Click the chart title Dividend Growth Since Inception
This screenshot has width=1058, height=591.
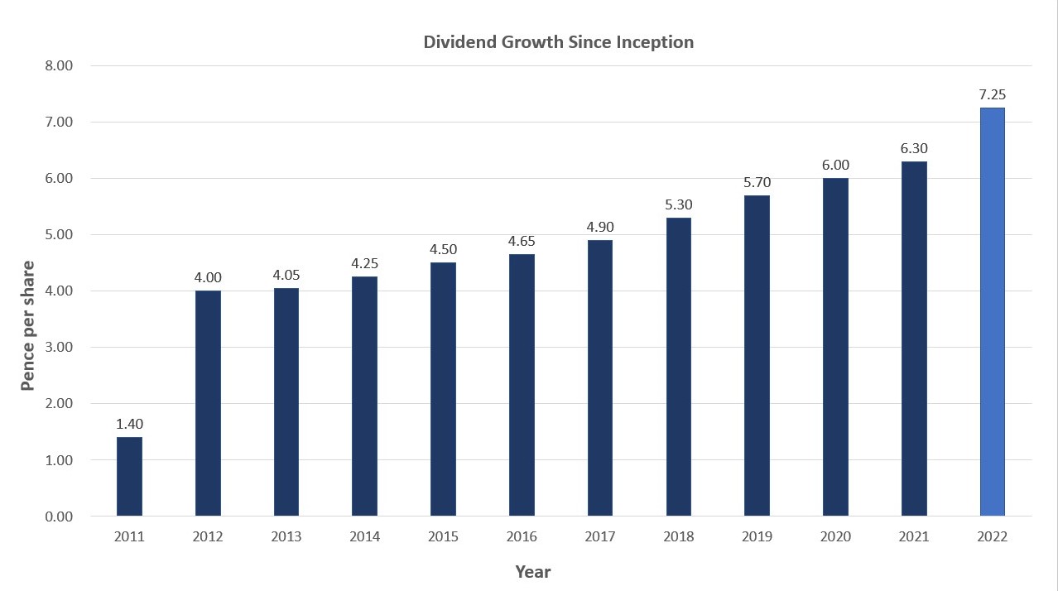click(558, 42)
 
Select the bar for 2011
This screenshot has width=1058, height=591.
click(129, 477)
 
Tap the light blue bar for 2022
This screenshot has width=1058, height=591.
click(992, 312)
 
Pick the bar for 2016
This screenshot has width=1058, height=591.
click(522, 385)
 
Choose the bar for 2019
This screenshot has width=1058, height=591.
click(757, 356)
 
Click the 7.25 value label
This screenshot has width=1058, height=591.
click(992, 95)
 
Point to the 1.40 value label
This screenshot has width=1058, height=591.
click(129, 425)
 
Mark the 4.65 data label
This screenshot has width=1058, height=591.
click(522, 242)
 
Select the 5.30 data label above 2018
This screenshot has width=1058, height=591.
click(678, 205)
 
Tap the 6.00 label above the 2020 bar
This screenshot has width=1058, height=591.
click(835, 166)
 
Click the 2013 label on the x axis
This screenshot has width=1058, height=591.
click(286, 537)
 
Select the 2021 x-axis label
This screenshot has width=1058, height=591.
click(914, 537)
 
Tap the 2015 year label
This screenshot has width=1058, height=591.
click(443, 537)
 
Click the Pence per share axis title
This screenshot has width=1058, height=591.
click(28, 325)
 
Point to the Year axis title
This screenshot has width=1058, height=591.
click(533, 572)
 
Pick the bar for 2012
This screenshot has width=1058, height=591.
click(208, 404)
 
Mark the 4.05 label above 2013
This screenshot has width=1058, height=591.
click(286, 276)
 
